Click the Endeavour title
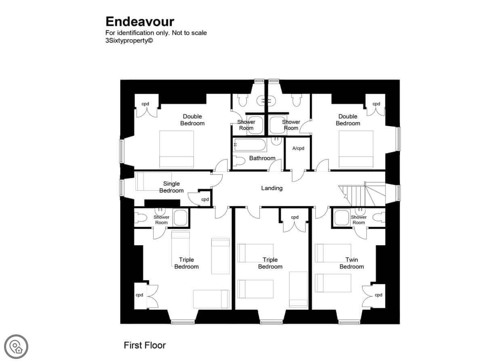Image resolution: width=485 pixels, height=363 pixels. [140, 22]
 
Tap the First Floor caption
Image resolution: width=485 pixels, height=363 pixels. [145, 345]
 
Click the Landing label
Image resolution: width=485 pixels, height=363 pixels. [272, 188]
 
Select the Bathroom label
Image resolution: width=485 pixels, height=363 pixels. [262, 158]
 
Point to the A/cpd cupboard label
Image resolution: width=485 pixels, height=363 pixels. [298, 148]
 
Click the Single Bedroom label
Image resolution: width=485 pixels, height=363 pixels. [171, 187]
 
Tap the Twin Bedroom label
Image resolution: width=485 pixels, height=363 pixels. [351, 263]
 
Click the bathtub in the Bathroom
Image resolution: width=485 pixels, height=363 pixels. [250, 145]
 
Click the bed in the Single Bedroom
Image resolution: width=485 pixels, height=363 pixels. [150, 181]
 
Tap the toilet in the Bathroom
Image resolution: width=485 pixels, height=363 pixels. [239, 161]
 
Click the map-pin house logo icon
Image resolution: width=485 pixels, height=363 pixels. [16, 346]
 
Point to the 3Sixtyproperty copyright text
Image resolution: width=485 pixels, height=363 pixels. [129, 41]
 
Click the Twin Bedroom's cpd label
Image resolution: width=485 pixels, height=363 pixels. [378, 295]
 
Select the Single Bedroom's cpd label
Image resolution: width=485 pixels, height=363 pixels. [205, 199]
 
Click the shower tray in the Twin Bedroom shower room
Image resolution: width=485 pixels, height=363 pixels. [341, 218]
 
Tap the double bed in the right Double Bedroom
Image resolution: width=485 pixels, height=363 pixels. [356, 149]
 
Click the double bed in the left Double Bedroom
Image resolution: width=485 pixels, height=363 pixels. [176, 149]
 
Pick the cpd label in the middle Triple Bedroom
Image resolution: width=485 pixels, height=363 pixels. [295, 217]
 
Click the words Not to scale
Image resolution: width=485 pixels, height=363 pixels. [189, 33]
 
